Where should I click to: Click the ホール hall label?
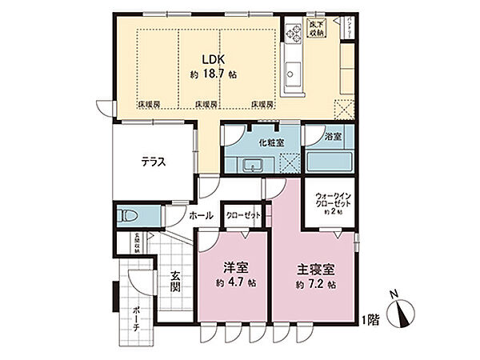point(201,216)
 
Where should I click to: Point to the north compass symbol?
point(402,314)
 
